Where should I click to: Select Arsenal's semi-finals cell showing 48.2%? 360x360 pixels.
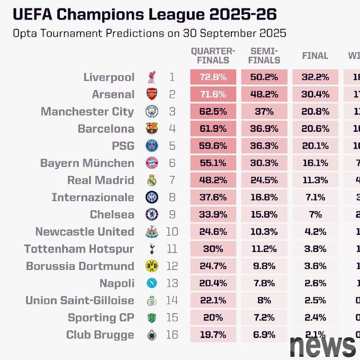[264, 94]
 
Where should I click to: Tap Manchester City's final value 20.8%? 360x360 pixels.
[314, 112]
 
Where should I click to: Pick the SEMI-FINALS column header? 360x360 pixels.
[264, 56]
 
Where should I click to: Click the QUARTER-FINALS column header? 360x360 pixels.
[212, 56]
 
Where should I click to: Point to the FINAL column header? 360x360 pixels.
[314, 56]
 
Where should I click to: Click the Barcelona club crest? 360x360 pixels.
[152, 129]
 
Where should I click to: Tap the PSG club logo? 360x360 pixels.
[152, 146]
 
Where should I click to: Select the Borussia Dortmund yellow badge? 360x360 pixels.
[152, 266]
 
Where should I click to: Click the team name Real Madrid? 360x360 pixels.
[101, 180]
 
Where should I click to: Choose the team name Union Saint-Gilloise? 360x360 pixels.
[80, 300]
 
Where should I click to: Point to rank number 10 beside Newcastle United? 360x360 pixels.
[172, 231]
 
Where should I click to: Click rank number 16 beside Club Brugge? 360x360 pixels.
[172, 335]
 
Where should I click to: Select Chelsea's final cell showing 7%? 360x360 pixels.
[314, 214]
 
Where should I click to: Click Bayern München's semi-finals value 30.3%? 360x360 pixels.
[264, 163]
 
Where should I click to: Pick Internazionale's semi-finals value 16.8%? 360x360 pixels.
[264, 197]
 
